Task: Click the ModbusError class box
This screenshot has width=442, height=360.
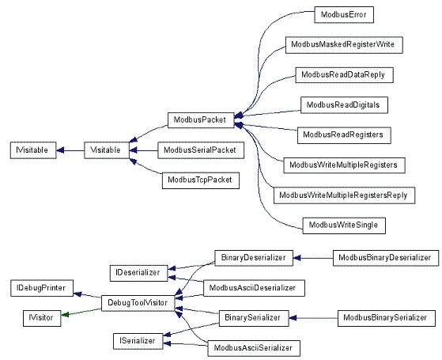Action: [x=342, y=15]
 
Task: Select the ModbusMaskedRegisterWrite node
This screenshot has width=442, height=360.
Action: [x=343, y=45]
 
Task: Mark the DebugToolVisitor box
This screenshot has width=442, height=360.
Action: [x=138, y=302]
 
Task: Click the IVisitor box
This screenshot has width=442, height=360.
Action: [x=41, y=317]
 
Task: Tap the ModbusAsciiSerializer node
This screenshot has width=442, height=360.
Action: [x=252, y=347]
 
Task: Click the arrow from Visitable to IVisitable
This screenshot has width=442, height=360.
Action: [x=71, y=150]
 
